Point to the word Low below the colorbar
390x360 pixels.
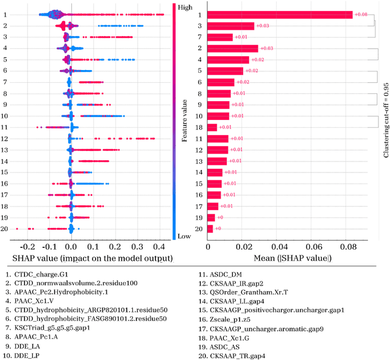click(182, 236)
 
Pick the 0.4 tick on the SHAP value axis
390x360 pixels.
click(158, 247)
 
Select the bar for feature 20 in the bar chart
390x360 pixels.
click(210, 229)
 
